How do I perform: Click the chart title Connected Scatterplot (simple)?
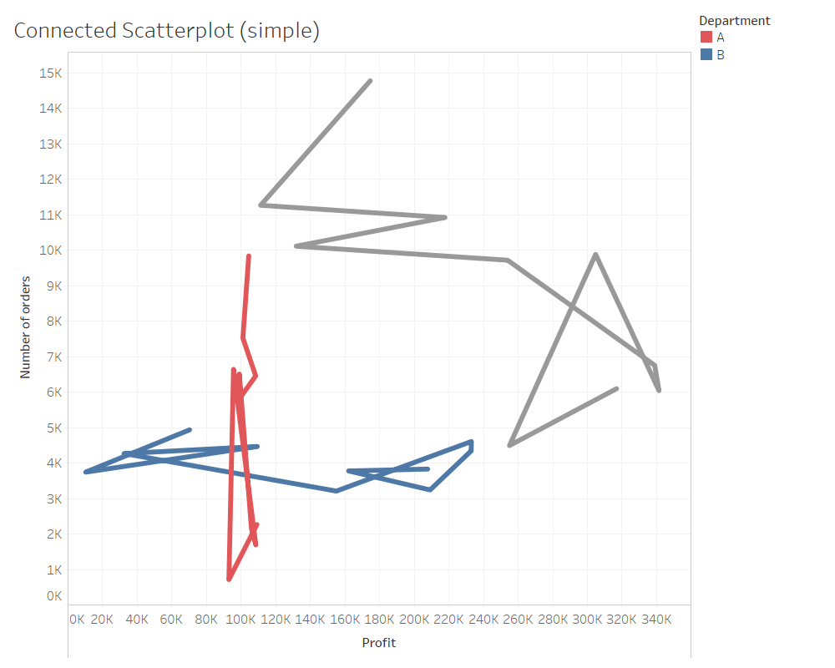tap(167, 31)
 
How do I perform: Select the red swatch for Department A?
tap(706, 38)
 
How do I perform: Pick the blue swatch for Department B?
tap(706, 55)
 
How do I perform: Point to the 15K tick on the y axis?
tap(50, 73)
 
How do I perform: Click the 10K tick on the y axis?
tap(50, 250)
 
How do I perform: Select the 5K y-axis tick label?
tap(53, 428)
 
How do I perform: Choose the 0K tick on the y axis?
tap(53, 596)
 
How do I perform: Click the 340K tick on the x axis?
tap(656, 620)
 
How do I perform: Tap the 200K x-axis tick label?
tap(414, 620)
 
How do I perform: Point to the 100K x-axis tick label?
tap(241, 620)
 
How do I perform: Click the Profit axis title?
tap(378, 643)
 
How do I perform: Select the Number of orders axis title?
tap(26, 326)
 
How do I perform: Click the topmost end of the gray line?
tap(370, 81)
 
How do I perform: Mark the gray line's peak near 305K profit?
tap(595, 254)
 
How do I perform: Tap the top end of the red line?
tap(249, 256)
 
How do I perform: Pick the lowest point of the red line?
tap(229, 579)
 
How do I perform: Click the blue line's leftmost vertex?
tap(86, 473)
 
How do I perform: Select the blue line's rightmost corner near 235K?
tap(472, 442)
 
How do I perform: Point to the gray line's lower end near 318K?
tap(616, 388)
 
